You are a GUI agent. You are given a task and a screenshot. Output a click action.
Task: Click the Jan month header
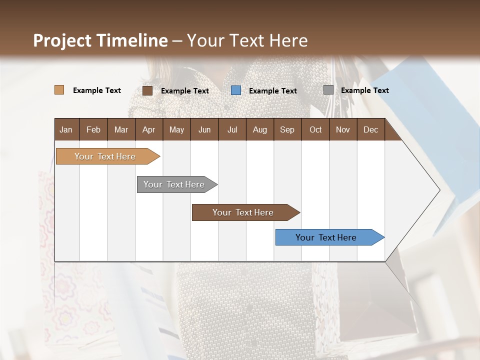(66, 129)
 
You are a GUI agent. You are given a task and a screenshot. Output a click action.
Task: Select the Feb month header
(93, 129)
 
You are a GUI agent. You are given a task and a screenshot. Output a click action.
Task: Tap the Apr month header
(148, 129)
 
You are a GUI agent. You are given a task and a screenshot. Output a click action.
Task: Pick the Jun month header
(204, 129)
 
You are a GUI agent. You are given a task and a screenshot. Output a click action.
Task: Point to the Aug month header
(259, 129)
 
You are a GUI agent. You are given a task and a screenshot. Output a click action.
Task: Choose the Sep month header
(287, 129)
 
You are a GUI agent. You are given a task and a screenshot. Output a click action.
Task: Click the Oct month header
(315, 129)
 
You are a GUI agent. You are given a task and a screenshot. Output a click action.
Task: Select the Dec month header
(370, 129)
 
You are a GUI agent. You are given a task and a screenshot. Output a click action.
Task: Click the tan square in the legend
(59, 90)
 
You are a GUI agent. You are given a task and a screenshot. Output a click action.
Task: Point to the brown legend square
(147, 90)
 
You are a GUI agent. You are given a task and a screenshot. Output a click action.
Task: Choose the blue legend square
(235, 90)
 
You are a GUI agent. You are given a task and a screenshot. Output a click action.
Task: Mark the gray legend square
(328, 90)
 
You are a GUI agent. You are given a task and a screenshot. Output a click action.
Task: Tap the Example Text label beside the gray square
(364, 90)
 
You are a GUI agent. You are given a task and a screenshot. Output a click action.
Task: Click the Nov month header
(342, 129)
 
